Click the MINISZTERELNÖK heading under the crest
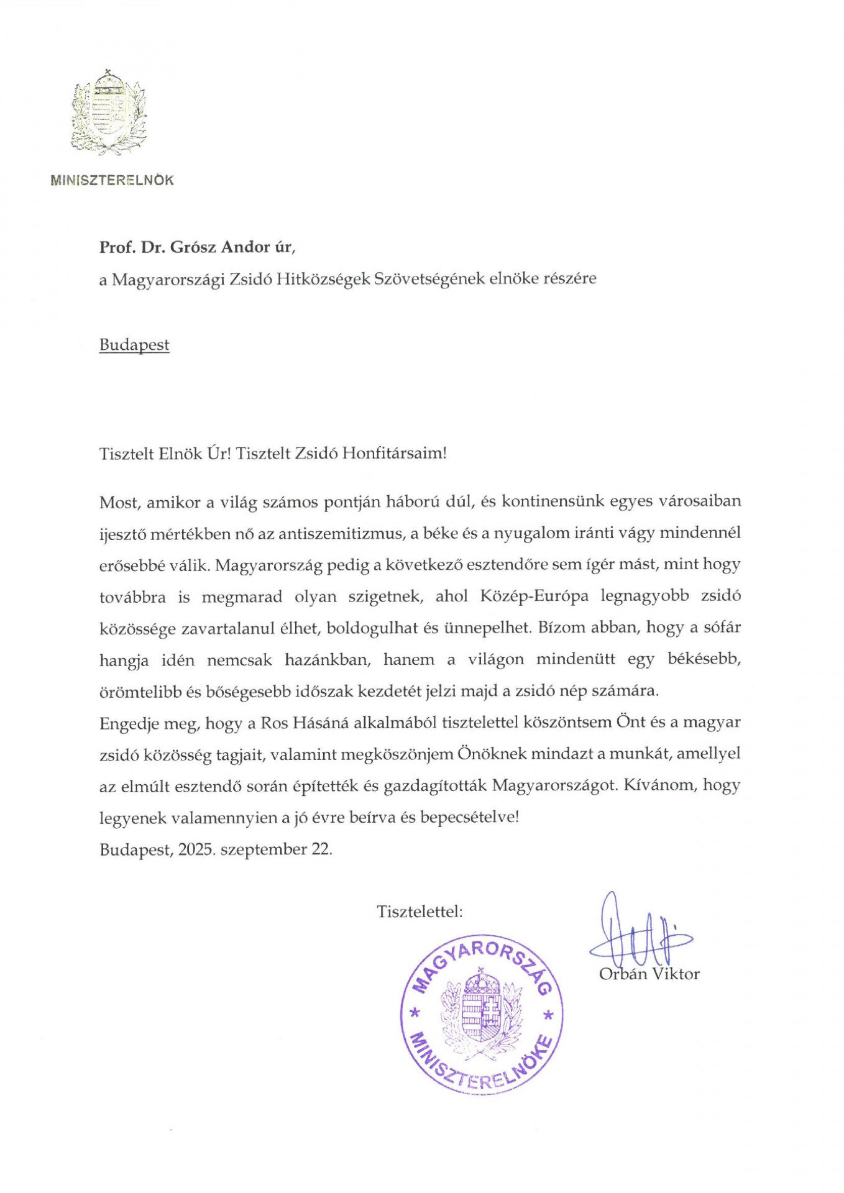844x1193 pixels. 112,181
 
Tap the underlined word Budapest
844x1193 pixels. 134,345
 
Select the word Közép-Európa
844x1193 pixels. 534,596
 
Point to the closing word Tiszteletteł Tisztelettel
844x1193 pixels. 420,912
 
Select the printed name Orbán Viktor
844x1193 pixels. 649,974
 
